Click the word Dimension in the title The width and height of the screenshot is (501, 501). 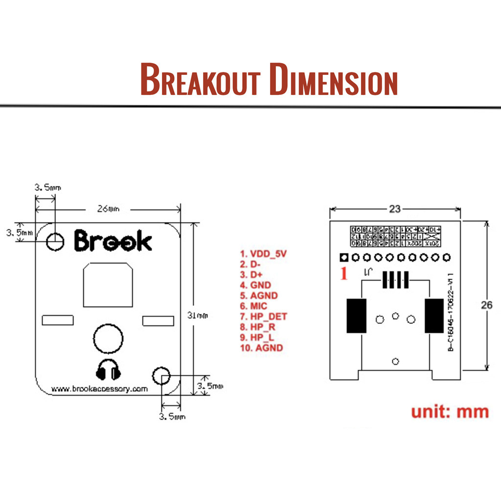(333, 79)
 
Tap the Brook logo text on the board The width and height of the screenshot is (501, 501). (113, 241)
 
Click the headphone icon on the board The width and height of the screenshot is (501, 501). (108, 370)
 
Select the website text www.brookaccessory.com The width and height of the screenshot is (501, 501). (99, 389)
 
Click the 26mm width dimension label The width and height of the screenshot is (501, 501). (108, 209)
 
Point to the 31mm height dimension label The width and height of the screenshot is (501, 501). (198, 316)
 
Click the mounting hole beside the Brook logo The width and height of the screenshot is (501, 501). (55, 241)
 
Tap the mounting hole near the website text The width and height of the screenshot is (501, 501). (161, 376)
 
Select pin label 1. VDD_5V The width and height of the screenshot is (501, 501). (263, 254)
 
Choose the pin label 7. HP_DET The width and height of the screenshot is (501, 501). (263, 317)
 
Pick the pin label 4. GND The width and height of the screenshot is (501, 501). (255, 285)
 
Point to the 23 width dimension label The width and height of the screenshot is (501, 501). (395, 209)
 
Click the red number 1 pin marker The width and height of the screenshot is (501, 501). (343, 273)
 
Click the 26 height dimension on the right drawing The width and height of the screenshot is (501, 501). (486, 305)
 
